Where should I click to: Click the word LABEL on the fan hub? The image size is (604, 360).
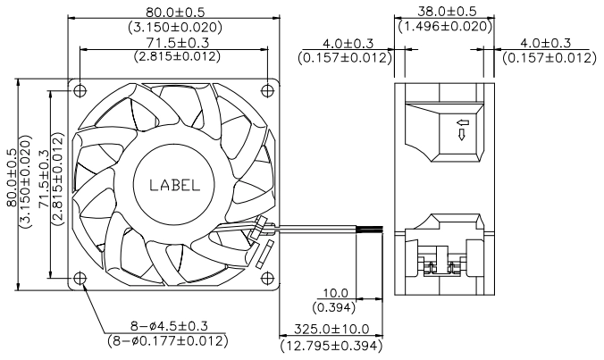pyautogui.click(x=175, y=185)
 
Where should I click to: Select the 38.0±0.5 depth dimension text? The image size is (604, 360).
pyautogui.click(x=447, y=11)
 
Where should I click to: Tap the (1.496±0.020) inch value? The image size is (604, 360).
pyautogui.click(x=445, y=26)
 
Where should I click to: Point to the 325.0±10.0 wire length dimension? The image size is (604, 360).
pyautogui.click(x=331, y=330)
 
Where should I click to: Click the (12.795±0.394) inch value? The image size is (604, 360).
pyautogui.click(x=331, y=346)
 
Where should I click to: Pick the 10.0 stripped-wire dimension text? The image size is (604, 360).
pyautogui.click(x=336, y=293)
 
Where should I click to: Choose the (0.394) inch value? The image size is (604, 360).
pyautogui.click(x=334, y=307)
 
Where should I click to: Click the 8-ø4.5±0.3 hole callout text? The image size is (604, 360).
pyautogui.click(x=169, y=327)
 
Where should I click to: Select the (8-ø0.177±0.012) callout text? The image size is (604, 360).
pyautogui.click(x=168, y=340)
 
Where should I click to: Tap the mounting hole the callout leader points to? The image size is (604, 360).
pyautogui.click(x=80, y=278)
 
